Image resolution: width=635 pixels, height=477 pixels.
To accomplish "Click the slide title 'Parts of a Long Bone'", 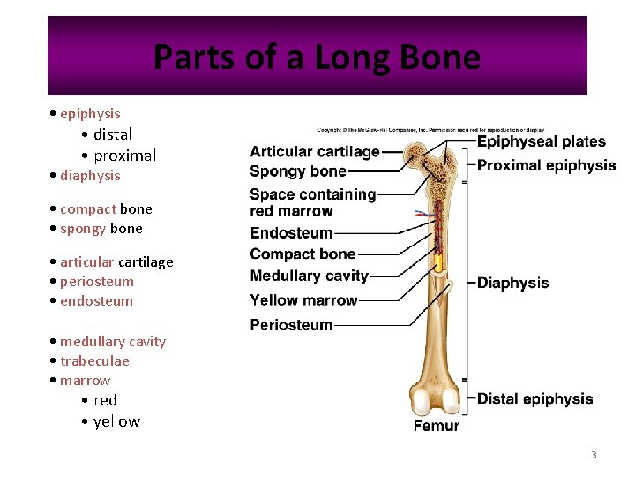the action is click(x=317, y=57).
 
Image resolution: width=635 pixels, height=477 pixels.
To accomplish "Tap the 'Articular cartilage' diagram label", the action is click(x=315, y=152).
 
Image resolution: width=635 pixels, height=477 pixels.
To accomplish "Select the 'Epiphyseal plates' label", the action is click(x=541, y=141).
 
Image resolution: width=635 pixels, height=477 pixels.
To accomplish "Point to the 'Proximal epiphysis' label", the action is click(x=546, y=165).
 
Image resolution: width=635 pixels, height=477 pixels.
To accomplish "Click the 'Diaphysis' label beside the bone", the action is click(x=512, y=284).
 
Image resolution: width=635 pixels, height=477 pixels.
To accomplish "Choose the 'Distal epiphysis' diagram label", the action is click(x=534, y=398).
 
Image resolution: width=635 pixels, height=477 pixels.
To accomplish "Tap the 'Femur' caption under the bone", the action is click(x=437, y=426).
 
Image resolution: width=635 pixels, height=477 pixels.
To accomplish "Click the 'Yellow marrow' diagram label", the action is click(x=303, y=300).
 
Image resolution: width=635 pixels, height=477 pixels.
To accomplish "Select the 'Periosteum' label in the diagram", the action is click(x=291, y=325).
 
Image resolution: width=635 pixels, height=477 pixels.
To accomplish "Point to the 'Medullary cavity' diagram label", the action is click(x=309, y=276).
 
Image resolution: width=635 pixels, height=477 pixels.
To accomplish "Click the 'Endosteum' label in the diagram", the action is click(x=291, y=233).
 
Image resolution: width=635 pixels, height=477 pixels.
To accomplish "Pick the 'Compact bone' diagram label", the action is click(x=303, y=254).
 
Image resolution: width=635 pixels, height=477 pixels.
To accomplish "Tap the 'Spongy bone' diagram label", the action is click(x=297, y=171).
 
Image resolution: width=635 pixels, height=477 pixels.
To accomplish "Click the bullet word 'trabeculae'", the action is click(x=94, y=360).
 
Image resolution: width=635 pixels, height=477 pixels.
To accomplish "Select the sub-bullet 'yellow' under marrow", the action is click(x=116, y=421).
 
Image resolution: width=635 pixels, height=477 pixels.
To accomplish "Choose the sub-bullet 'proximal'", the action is click(x=124, y=155).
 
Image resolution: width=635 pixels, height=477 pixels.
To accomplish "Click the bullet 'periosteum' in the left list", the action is click(x=97, y=281).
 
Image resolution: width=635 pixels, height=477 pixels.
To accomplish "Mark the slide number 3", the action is click(x=594, y=455).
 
